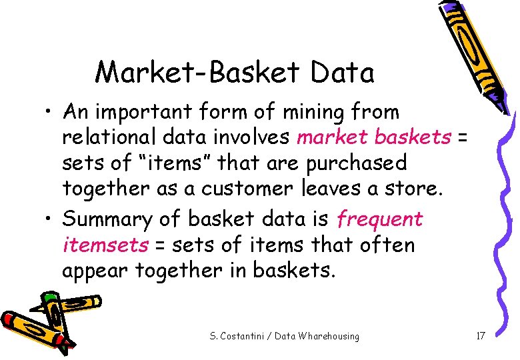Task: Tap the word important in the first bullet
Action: (x=151, y=112)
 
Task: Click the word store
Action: (x=413, y=189)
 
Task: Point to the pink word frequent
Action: (x=380, y=219)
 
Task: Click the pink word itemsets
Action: (x=105, y=245)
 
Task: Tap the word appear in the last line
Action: (x=95, y=270)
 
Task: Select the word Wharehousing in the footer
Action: (x=330, y=336)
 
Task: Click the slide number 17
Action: (x=480, y=336)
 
